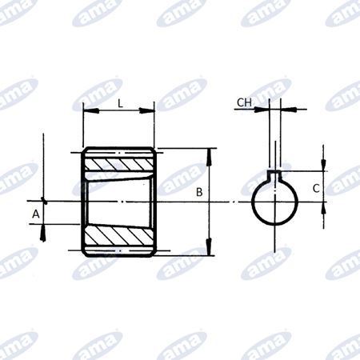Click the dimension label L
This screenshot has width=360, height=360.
tap(119, 103)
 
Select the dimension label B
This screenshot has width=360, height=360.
tap(199, 192)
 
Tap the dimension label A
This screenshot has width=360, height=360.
tap(35, 214)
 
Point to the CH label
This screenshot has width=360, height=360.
tap(245, 102)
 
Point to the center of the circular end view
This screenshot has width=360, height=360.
tap(276, 202)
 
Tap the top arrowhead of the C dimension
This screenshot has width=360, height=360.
tap(322, 166)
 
